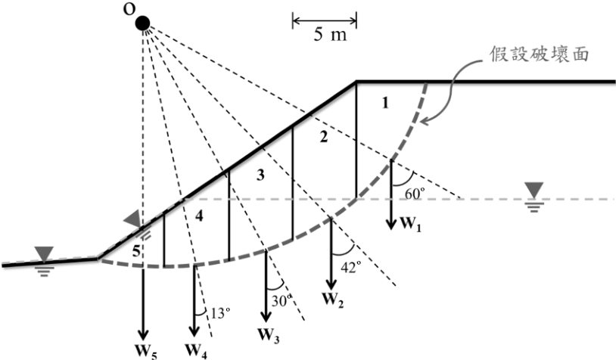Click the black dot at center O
coord(142,23)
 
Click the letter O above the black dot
coord(129,9)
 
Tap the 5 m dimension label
coord(330,35)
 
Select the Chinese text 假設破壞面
coord(539,54)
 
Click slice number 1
coord(385,103)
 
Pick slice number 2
coord(323,137)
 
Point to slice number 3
coord(260,175)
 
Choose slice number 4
coord(200,216)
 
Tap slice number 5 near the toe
coord(136,251)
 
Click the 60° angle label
coord(415,193)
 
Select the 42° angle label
coord(351,267)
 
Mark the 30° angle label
coord(282,300)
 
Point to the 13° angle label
coord(220,313)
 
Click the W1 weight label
coord(410,225)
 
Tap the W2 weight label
coord(333,300)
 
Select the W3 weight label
coord(269,336)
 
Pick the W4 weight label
coord(196,351)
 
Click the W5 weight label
coord(146,351)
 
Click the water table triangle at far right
coord(535,191)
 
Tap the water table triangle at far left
coord(43,254)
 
